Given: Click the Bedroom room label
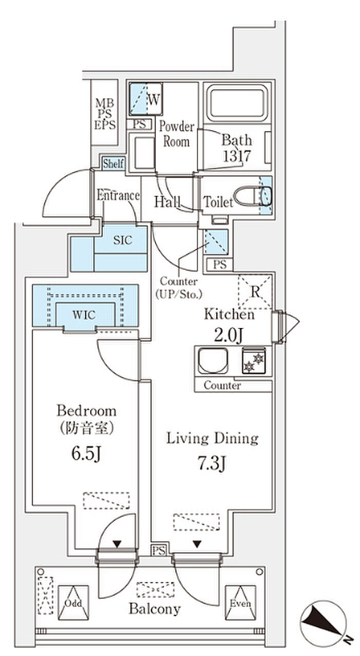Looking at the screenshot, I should click(x=86, y=411).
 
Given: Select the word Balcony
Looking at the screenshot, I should click(x=154, y=609).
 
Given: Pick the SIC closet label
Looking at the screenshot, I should click(x=122, y=240).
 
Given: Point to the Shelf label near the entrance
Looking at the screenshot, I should click(x=113, y=164).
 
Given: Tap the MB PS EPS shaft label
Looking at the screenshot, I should click(x=105, y=113).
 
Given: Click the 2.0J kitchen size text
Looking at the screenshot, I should click(x=229, y=335).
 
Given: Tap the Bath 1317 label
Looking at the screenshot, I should click(x=237, y=148).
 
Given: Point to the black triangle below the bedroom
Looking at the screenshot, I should click(x=117, y=543).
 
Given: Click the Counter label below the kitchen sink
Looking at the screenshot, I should click(x=222, y=385).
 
